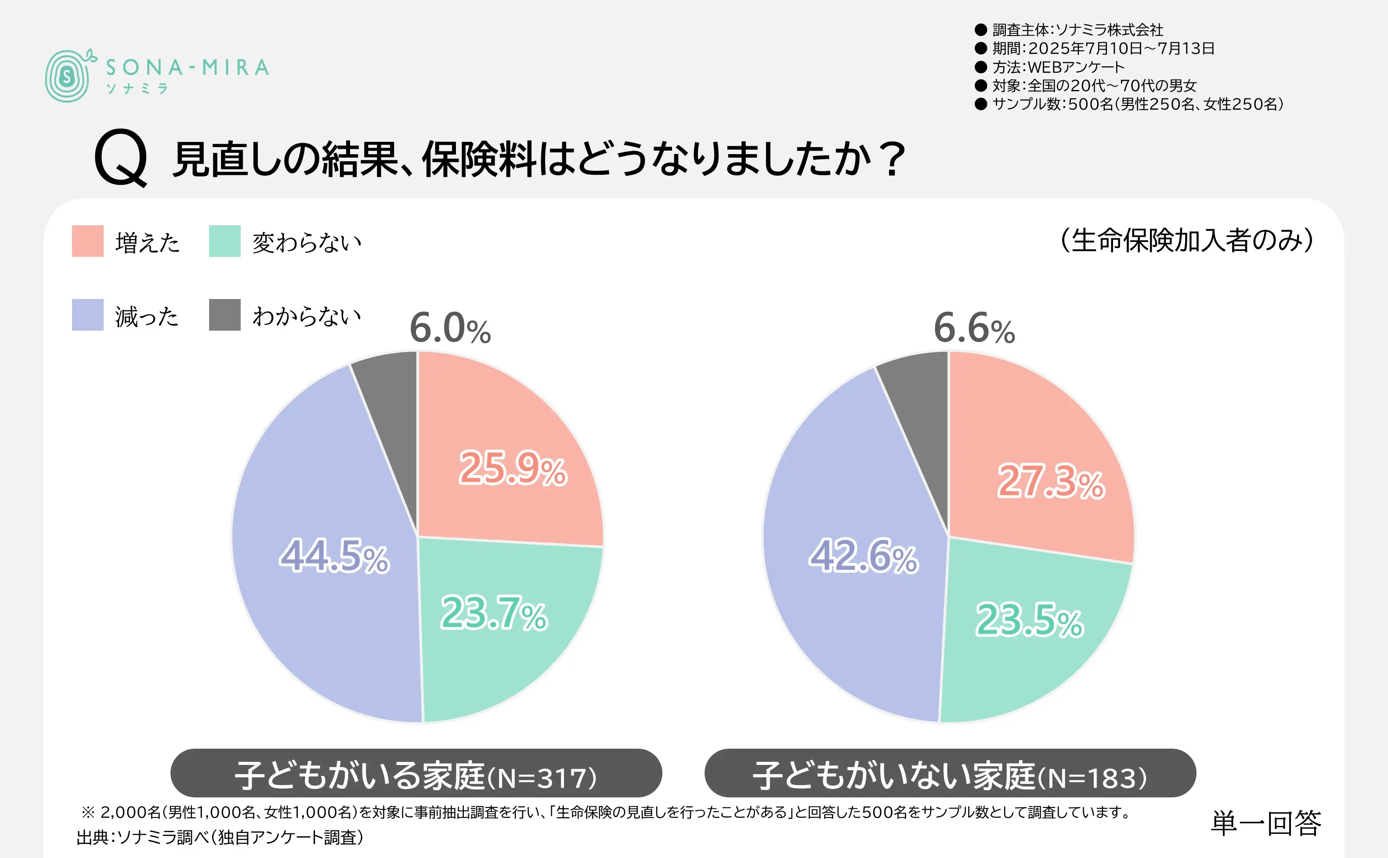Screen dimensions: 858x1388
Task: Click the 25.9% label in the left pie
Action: tap(513, 468)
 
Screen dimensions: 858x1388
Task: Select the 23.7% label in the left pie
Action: tap(494, 613)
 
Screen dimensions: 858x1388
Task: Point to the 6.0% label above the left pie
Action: tap(450, 328)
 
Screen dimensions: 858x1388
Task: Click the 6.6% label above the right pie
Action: tap(974, 328)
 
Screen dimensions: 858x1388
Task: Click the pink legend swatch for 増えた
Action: tap(87, 241)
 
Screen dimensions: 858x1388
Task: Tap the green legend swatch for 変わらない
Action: tap(225, 241)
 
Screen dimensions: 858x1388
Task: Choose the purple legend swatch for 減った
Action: tap(87, 315)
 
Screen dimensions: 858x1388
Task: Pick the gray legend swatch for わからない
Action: tap(225, 315)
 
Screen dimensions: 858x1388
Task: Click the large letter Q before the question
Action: tap(121, 158)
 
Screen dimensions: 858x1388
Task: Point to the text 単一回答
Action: tap(1265, 823)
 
